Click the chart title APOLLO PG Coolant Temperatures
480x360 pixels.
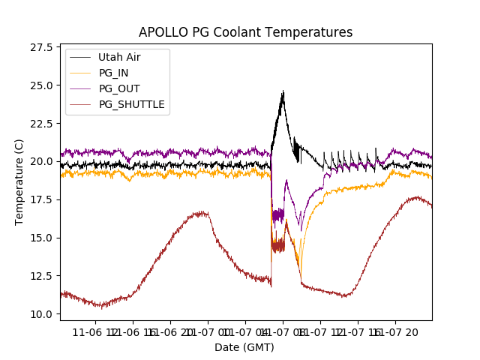point(245,32)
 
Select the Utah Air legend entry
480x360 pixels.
point(119,57)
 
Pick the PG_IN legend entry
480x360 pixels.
point(113,73)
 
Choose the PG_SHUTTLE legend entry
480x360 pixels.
point(131,104)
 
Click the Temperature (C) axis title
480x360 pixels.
point(19,182)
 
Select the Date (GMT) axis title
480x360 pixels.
point(244,347)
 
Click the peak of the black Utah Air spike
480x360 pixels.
point(283,92)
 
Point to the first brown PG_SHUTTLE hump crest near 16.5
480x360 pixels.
point(200,213)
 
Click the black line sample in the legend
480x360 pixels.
point(81,57)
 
